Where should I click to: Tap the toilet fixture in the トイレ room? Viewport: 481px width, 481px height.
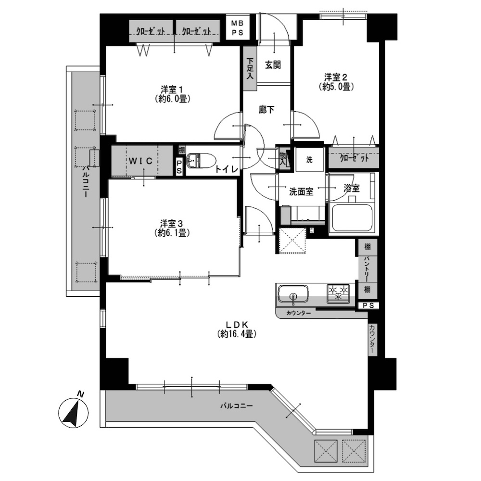tap(201, 161)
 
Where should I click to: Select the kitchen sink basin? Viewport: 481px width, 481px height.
tap(293, 294)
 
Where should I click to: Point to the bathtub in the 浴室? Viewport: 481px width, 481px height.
tap(353, 218)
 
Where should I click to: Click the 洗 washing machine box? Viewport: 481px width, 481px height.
tap(309, 160)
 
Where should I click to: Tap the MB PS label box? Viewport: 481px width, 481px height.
tap(237, 28)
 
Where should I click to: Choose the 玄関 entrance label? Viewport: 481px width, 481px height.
tap(273, 65)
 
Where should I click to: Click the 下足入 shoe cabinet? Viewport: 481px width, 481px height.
tap(250, 68)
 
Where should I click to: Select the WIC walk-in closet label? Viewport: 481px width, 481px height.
tap(140, 161)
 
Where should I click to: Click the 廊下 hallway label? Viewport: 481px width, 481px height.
tap(266, 110)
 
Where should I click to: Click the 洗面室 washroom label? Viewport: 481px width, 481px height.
tap(301, 192)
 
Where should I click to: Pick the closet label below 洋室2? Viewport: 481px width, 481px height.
tap(354, 159)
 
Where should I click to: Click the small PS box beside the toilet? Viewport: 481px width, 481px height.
tap(179, 166)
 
